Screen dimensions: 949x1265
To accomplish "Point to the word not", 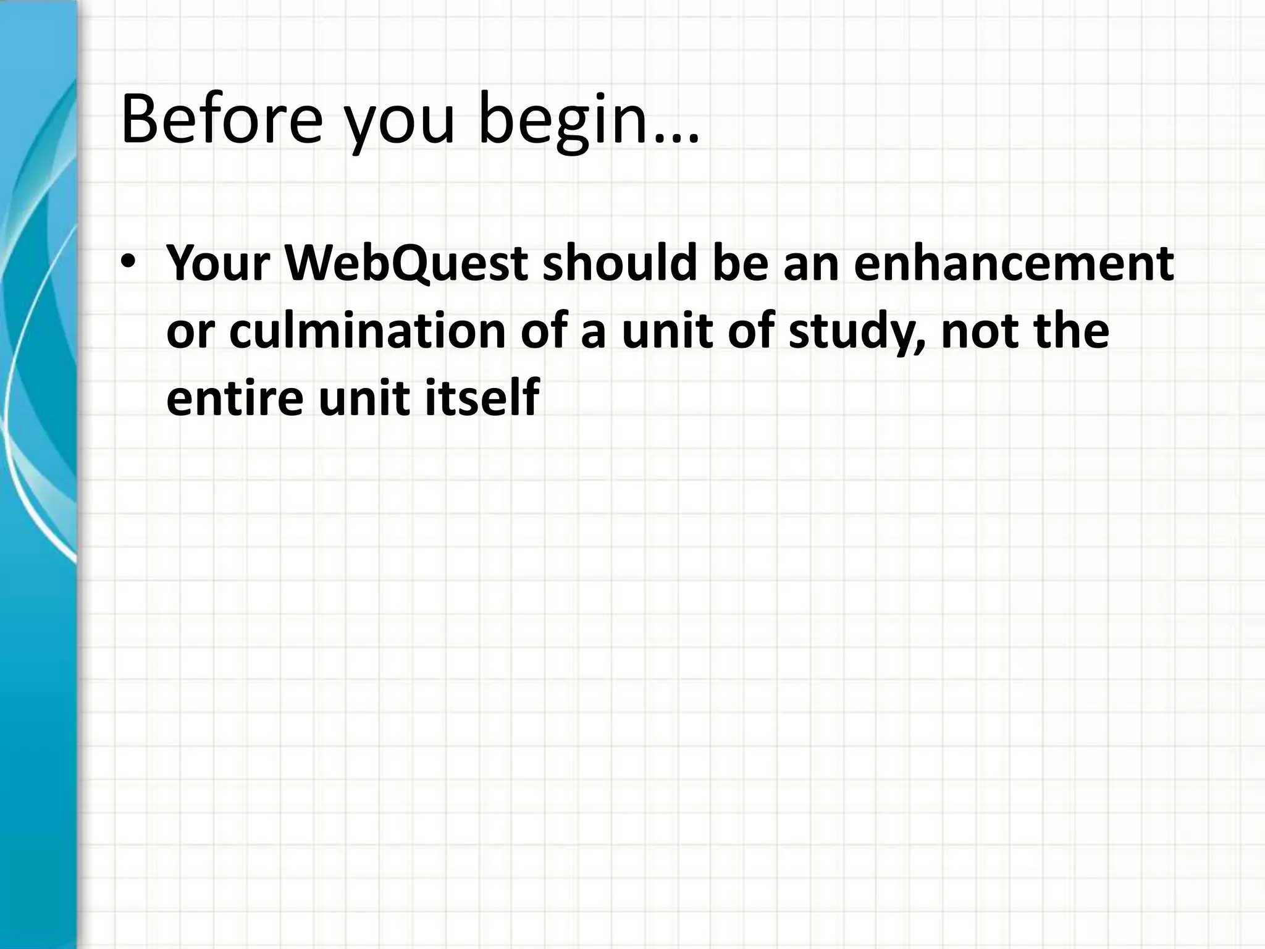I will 982,332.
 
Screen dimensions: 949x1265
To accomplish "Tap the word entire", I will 235,399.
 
